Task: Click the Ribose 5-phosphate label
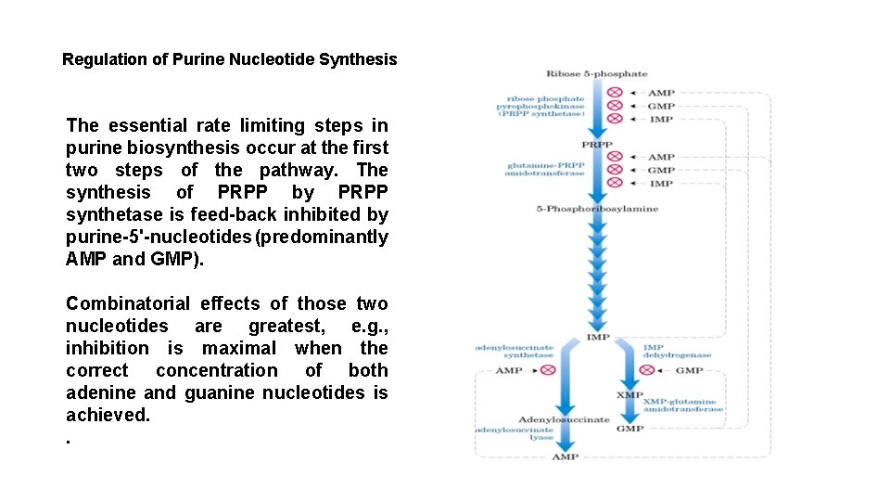596,74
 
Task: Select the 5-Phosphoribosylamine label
597,209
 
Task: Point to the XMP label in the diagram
629,394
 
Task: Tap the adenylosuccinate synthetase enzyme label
515,351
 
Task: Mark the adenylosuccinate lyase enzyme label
515,434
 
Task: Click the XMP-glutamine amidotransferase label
684,405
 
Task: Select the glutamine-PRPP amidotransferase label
545,169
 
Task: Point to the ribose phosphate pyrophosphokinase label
541,106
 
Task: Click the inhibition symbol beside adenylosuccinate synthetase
548,370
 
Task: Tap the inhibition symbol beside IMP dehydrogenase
648,370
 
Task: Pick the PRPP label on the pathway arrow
596,145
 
